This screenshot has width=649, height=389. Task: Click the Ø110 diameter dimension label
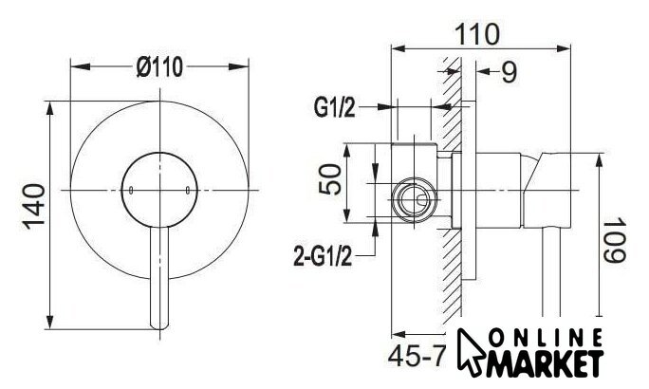(159, 66)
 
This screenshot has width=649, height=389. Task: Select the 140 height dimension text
(34, 207)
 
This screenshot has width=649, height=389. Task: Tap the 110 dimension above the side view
(477, 34)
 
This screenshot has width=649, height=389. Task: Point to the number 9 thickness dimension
(510, 72)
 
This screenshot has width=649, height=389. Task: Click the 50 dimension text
(330, 179)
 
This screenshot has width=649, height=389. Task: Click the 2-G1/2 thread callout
(323, 256)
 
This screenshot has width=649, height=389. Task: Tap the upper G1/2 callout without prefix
(334, 107)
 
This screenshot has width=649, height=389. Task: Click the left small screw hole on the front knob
(131, 191)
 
